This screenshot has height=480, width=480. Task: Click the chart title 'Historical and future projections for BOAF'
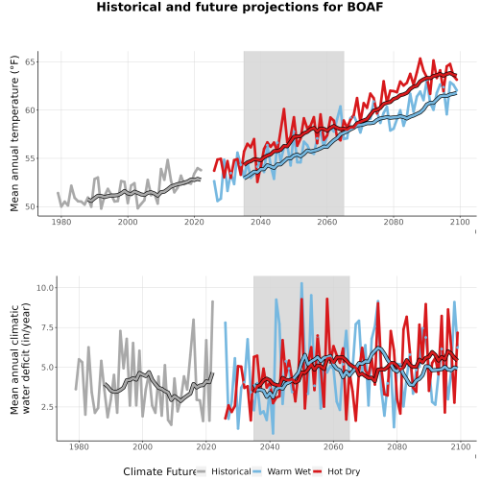click(240, 7)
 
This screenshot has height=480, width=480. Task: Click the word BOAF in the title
click(365, 7)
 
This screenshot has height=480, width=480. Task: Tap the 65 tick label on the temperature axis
click(30, 61)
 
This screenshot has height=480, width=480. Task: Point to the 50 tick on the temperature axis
click(30, 206)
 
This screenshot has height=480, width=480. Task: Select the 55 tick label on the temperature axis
click(30, 158)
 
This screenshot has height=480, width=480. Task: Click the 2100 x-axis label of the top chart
click(460, 222)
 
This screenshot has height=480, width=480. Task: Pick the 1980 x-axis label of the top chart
click(61, 222)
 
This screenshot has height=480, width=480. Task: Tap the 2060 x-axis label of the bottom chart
click(333, 446)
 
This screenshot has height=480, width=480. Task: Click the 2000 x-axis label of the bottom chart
click(142, 446)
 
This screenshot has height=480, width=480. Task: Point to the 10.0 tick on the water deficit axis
click(45, 288)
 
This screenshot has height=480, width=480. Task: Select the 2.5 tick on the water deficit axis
click(48, 407)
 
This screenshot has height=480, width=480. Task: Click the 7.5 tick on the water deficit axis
click(48, 327)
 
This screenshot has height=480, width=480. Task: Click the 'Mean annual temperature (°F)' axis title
click(14, 133)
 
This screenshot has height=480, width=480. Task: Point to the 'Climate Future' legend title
click(159, 471)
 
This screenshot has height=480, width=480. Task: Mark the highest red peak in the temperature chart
click(420, 59)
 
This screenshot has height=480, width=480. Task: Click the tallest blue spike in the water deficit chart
click(301, 283)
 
